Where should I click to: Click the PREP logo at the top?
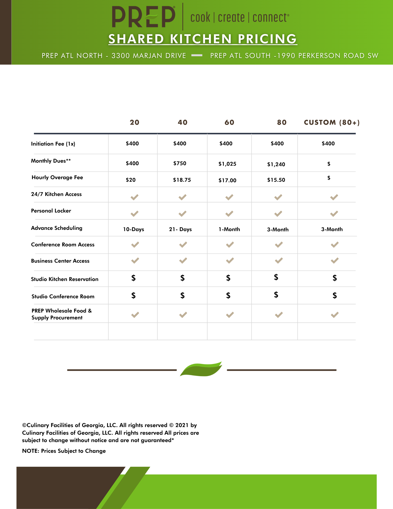tap(144, 17)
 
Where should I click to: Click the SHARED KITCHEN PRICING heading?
tap(202, 39)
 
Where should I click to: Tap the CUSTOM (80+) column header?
tap(332, 122)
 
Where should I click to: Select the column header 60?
tap(229, 122)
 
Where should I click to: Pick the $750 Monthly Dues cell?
tap(180, 163)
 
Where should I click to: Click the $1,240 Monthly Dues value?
tap(276, 164)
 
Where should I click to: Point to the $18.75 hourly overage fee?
tap(182, 180)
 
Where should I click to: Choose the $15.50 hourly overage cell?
tap(276, 180)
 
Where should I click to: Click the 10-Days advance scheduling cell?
tap(134, 229)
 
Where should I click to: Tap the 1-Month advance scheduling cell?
tap(229, 229)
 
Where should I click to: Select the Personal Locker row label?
tap(51, 211)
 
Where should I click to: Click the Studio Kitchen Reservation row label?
tap(65, 279)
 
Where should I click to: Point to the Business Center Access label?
tap(60, 261)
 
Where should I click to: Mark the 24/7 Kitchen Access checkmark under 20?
tap(134, 197)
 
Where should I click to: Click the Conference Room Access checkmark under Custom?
tap(334, 245)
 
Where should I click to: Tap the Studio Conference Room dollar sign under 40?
tap(182, 295)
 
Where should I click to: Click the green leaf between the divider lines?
tap(201, 369)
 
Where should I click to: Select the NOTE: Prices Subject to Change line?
tap(64, 451)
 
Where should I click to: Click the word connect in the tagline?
tap(270, 18)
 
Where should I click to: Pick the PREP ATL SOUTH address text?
tap(294, 56)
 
